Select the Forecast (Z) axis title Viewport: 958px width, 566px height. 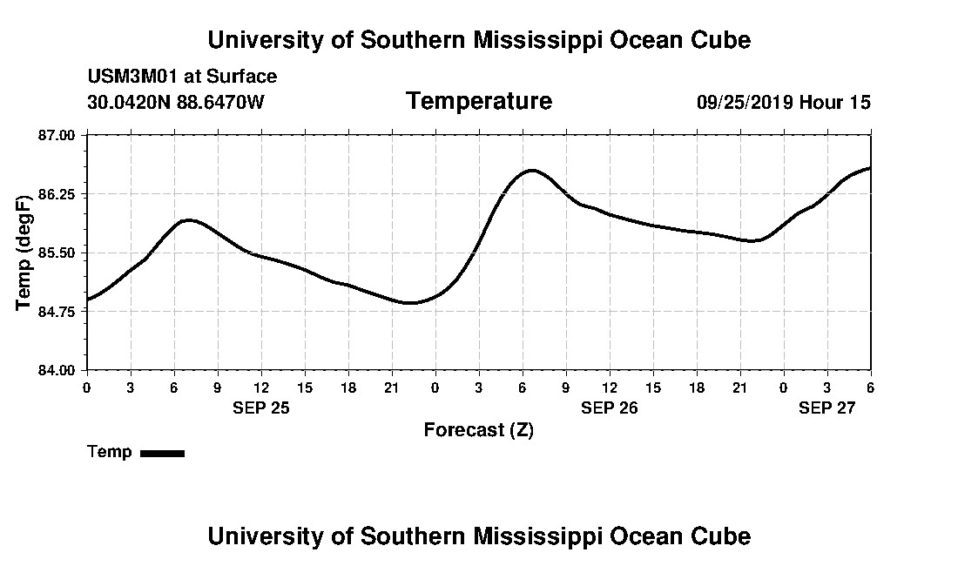[478, 429]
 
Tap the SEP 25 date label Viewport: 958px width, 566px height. [260, 408]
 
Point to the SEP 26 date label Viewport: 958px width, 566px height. [609, 408]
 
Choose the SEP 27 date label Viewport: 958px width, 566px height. [826, 408]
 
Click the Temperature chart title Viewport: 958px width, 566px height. [478, 101]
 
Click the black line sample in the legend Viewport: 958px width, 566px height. [162, 453]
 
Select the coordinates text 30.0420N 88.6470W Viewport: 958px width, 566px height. [175, 102]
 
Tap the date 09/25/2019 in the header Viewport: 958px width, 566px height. [745, 102]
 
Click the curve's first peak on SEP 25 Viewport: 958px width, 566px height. [189, 220]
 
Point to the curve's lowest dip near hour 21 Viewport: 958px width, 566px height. [411, 303]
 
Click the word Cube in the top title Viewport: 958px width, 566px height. [719, 40]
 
